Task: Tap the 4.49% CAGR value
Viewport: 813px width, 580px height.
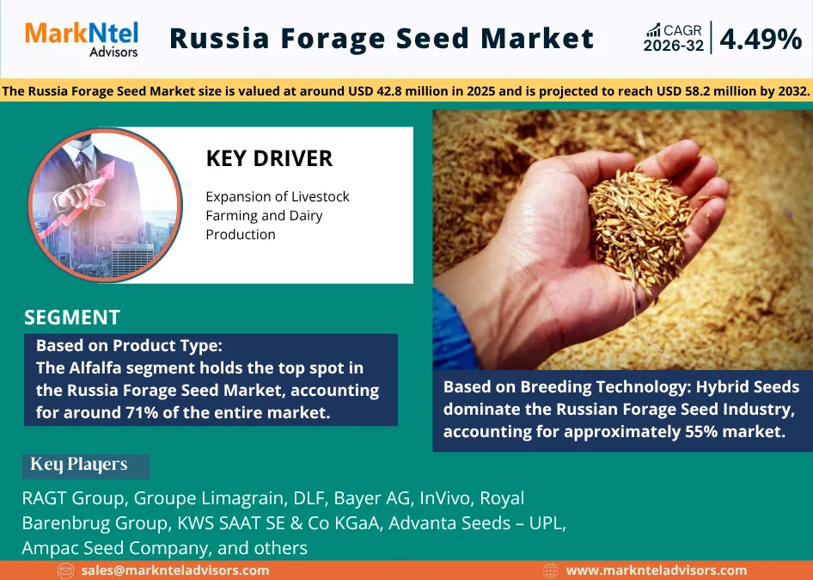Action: [760, 39]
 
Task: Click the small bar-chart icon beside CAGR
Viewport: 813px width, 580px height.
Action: [653, 30]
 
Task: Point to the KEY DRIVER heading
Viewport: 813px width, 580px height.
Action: [269, 158]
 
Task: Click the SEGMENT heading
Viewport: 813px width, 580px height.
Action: [72, 317]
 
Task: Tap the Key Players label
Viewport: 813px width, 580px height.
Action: [79, 465]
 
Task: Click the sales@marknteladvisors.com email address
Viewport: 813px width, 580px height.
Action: [175, 570]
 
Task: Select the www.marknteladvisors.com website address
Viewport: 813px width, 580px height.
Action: [657, 570]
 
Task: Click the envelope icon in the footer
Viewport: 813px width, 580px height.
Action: [65, 571]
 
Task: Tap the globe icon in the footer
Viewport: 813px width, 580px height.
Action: [551, 571]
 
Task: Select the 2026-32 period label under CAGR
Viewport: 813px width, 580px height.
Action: [674, 46]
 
